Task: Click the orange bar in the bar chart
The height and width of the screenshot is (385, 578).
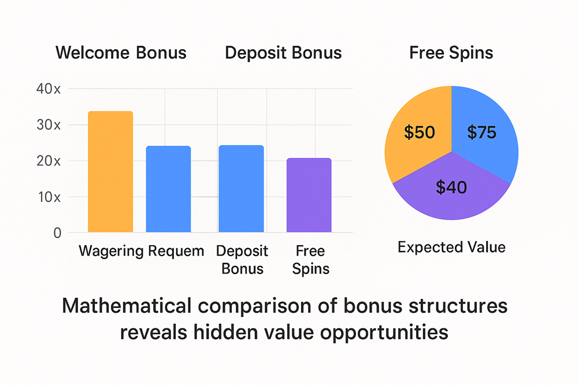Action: coord(110,172)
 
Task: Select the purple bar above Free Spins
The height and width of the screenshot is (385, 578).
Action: coord(309,195)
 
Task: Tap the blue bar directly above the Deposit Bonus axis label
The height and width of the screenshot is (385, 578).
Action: coord(241,189)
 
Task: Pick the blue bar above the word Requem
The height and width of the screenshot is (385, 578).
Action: coord(168,189)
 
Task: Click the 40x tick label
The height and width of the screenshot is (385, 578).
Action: coord(48,89)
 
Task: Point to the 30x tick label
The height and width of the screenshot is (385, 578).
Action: coord(48,125)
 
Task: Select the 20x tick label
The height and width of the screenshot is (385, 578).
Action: coord(48,161)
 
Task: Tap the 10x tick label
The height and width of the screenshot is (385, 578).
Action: coord(48,197)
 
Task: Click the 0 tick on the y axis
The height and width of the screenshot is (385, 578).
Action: coord(57,233)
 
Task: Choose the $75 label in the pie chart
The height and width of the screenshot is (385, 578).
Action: coord(481,132)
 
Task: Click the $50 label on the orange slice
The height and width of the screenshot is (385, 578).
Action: coord(420,132)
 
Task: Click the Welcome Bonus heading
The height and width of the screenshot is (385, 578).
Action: coord(121,53)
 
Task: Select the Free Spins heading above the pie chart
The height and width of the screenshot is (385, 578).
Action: coord(451,53)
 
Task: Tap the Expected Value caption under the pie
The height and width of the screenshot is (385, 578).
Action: coord(451,247)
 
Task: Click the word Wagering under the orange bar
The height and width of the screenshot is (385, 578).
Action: coord(111,251)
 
